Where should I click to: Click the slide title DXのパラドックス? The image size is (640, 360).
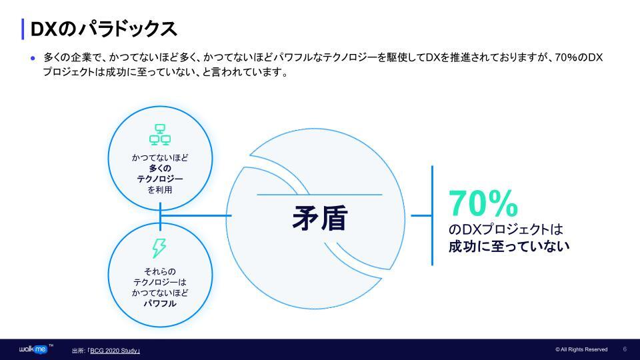[104, 29]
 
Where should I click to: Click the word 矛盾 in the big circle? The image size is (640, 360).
[319, 218]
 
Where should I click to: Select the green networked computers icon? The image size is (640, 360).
[160, 135]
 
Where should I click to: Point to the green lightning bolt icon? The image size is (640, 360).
[159, 248]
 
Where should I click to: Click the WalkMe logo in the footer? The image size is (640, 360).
[33, 349]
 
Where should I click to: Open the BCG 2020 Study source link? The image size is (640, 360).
[115, 351]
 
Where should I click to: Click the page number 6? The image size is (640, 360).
[625, 349]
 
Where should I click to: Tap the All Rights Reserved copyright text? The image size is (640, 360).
[581, 349]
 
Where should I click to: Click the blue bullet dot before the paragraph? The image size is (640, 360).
[33, 58]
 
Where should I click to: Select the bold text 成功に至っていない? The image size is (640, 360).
[509, 246]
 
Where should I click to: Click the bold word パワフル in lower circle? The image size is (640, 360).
[160, 303]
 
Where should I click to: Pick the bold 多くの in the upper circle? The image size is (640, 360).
[160, 168]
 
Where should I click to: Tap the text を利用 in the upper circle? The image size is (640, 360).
[160, 189]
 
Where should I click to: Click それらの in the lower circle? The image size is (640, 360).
[160, 271]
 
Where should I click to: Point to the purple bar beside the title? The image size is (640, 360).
[23, 29]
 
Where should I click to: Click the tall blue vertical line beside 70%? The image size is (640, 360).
[432, 215]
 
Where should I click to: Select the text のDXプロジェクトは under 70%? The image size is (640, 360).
[506, 229]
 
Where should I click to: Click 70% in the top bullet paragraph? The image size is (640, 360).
[566, 57]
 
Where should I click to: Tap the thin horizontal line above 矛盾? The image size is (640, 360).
[319, 195]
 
